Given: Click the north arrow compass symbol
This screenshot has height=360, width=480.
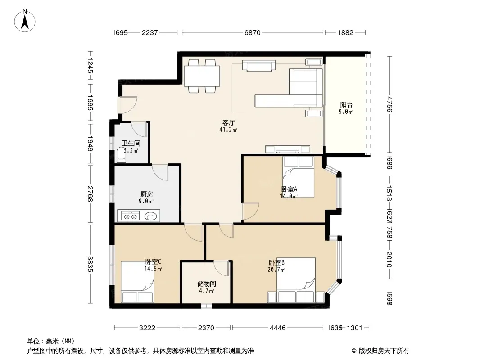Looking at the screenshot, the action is [25, 21].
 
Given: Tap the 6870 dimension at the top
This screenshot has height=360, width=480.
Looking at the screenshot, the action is [253, 32].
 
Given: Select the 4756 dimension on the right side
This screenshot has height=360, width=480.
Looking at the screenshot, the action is [389, 104].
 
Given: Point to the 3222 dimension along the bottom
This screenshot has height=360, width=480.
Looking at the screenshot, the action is [147, 328].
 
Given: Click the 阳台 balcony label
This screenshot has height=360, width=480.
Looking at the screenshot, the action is [346, 104].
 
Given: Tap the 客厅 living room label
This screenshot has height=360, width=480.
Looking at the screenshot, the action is [228, 123].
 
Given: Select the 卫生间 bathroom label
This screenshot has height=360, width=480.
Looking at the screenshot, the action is [131, 143].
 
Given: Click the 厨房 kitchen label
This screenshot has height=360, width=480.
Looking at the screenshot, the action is [147, 194].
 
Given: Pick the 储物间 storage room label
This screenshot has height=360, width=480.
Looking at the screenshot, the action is [207, 284].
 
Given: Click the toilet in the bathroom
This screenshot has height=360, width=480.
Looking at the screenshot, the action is [121, 155].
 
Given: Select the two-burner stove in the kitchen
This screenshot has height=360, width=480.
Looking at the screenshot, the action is [131, 216].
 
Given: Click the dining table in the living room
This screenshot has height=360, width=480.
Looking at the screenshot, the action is [202, 76].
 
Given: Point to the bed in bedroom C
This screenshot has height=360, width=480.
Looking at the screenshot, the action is [137, 282].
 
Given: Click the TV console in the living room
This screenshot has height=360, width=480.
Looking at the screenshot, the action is [288, 149].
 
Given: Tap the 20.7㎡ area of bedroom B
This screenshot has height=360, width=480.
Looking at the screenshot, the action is [276, 270].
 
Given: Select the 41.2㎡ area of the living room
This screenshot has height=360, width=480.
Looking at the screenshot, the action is [228, 130].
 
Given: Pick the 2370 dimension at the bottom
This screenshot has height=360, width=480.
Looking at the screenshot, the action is [206, 328].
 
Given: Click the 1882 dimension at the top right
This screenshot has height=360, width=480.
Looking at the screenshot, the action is [346, 32].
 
